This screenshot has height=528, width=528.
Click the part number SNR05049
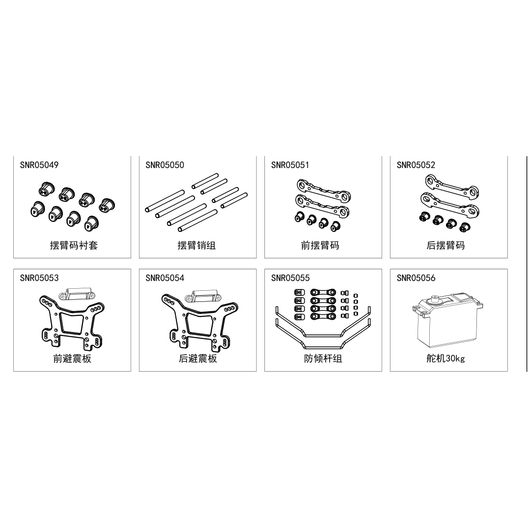(39, 165)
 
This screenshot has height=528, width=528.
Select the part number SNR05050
(165, 165)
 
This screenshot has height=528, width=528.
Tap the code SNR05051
(290, 165)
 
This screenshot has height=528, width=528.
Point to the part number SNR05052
(416, 165)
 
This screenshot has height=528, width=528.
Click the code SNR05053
(39, 278)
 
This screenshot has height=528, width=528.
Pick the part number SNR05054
(165, 278)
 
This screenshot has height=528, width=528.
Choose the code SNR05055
(290, 278)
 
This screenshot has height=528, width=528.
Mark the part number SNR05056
(416, 278)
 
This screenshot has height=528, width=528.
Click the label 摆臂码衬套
(74, 245)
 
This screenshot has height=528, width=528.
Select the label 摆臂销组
(196, 245)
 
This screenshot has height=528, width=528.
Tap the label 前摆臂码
(320, 245)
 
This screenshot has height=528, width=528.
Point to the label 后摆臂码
(445, 245)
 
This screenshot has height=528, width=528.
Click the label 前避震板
(72, 359)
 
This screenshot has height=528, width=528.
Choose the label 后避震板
(198, 359)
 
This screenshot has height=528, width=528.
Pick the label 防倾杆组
(323, 359)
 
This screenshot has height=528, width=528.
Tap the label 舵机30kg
(445, 359)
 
